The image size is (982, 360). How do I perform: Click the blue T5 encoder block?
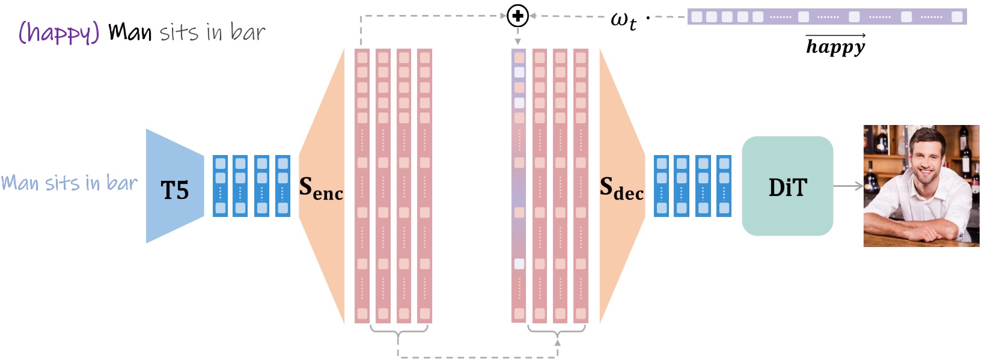174,186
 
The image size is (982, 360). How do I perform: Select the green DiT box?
787,186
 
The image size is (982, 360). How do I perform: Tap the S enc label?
321,188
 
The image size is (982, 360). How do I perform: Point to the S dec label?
621,188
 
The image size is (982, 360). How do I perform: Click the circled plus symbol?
517,16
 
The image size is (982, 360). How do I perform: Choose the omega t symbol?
623,20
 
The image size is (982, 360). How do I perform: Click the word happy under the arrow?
835,47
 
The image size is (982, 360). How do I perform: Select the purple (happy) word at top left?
58,32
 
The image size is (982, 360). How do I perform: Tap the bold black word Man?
130,32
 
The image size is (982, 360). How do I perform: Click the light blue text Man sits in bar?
69,183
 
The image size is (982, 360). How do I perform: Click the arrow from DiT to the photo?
848,186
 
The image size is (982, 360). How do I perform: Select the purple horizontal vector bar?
826,17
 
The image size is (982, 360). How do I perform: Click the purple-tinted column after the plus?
519,186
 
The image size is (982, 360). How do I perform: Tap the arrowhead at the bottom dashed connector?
557,343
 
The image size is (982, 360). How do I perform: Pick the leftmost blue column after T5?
221,186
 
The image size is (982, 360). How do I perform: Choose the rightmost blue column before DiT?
724,186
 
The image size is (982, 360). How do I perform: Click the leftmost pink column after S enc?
362,186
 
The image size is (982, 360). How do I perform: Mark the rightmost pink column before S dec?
581,186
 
